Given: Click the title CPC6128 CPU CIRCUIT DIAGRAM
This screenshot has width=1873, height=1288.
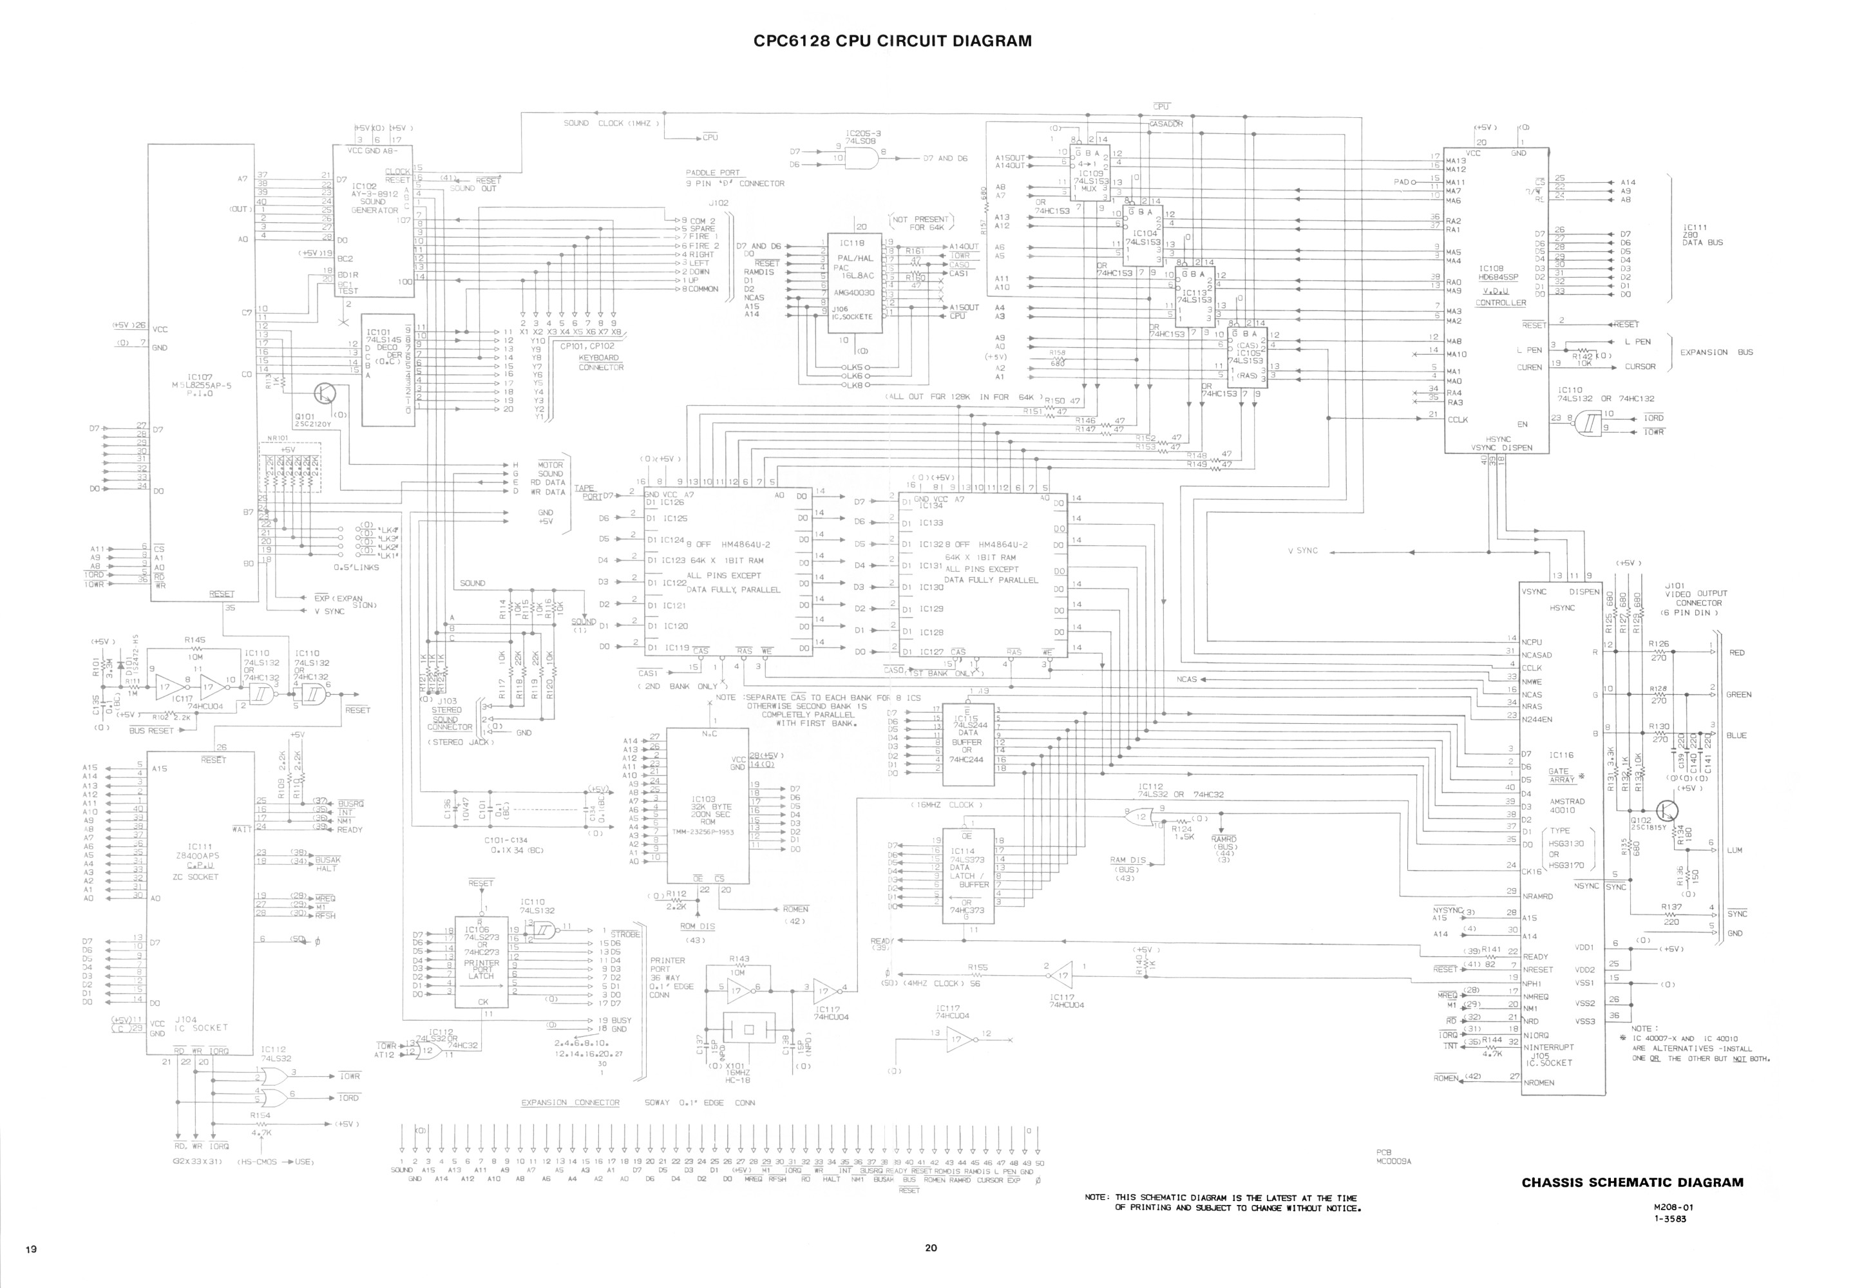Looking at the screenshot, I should (893, 41).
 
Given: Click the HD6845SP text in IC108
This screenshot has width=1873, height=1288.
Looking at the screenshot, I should (1499, 277).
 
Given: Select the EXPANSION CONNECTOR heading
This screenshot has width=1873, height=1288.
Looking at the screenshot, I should (570, 1103).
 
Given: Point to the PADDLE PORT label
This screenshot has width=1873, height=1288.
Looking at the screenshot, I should (712, 173).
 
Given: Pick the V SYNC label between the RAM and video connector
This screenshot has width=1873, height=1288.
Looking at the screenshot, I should (1302, 551).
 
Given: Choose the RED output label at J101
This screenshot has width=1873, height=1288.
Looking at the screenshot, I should (1736, 653).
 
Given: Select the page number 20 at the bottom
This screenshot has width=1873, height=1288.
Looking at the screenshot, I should (931, 1247).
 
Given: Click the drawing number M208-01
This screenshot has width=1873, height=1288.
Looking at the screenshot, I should (1669, 1207).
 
